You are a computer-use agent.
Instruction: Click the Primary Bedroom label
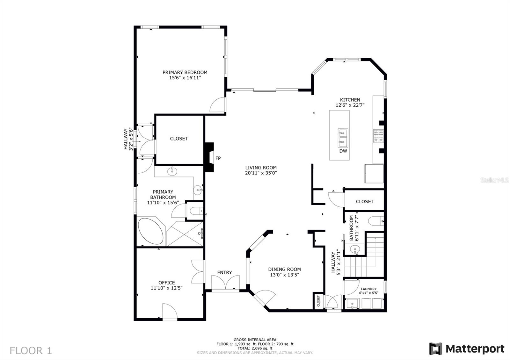185,72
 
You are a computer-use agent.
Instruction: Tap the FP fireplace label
218,158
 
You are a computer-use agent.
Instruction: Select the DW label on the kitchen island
343,151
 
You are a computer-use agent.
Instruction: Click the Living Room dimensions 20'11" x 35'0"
261,173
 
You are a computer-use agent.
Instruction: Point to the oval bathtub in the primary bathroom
151,231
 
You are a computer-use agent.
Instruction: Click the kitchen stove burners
378,136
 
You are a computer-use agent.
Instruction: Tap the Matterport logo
467,349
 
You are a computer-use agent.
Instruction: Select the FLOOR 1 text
31,350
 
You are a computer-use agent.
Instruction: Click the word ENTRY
224,272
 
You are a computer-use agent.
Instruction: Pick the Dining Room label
284,269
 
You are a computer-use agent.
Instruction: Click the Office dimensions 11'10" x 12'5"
167,288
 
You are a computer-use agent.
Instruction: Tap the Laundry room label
368,289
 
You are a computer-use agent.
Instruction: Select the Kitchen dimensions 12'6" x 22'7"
350,105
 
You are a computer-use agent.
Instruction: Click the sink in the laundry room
352,304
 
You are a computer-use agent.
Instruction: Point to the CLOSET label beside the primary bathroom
179,139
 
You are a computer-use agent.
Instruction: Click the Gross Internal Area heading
255,340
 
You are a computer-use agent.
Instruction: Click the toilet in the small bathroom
376,221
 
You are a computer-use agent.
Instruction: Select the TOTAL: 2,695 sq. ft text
255,348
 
